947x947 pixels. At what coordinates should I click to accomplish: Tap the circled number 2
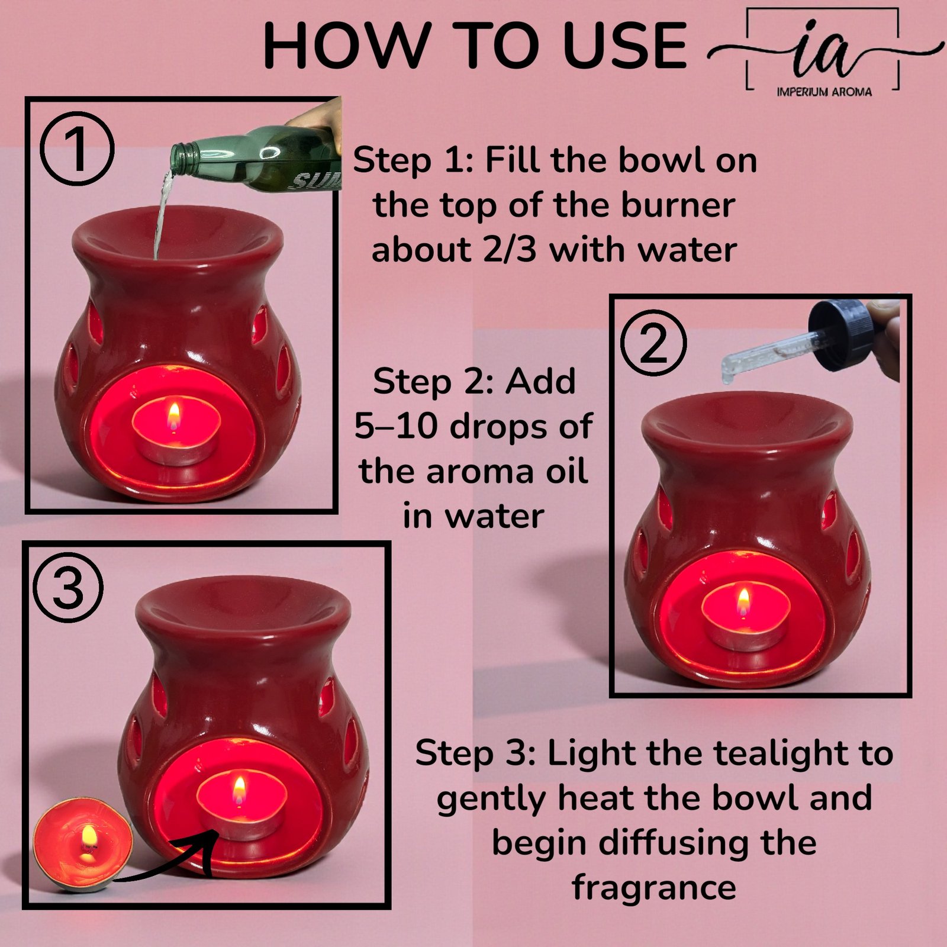653,343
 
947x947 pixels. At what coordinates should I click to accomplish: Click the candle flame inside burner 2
744,600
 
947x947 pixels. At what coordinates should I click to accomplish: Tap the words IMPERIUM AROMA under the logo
824,92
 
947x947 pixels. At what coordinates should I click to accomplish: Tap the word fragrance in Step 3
653,887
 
